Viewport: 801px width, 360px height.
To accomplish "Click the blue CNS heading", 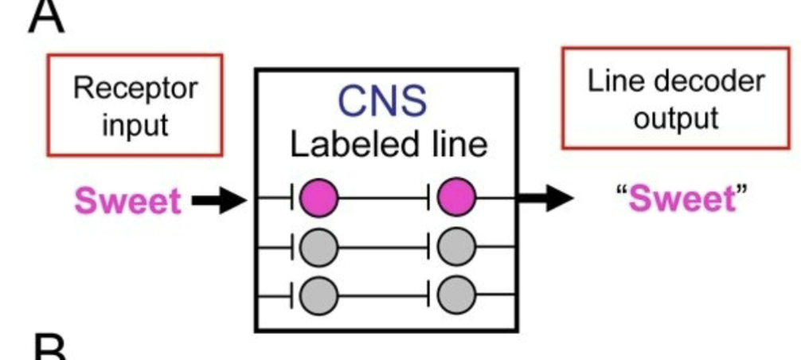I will (x=382, y=101).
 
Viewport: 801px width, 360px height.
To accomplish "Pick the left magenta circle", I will (x=318, y=198).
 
